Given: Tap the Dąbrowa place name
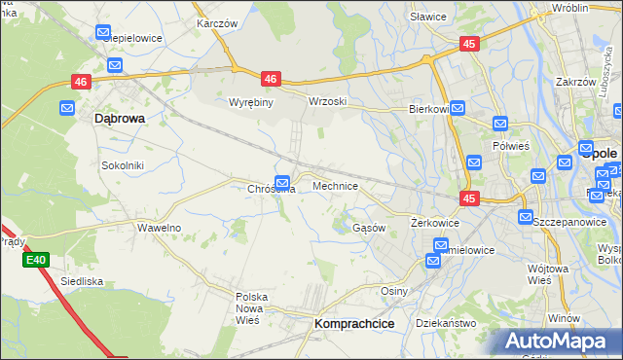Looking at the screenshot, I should click(120, 118).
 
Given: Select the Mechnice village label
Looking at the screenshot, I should click(335, 185).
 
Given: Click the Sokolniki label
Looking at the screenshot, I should click(123, 165).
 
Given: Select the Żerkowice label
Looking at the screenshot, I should click(434, 223).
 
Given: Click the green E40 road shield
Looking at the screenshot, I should click(36, 260).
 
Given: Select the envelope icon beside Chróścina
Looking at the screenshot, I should click(282, 181).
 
